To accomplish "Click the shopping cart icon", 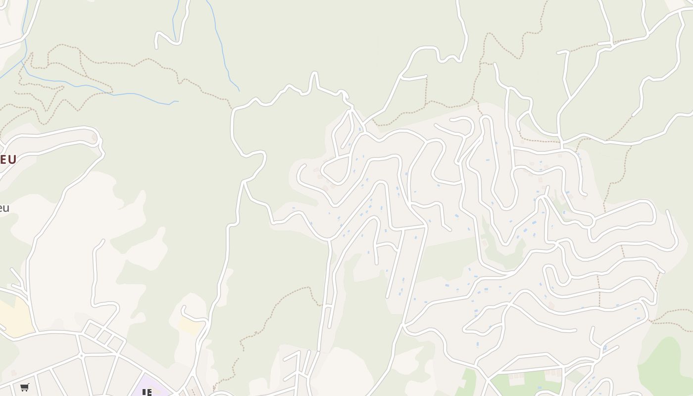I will click(25, 387).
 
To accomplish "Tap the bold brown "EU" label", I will click(8, 159).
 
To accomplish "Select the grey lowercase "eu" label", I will click(4, 208).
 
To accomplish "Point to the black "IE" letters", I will click(147, 393).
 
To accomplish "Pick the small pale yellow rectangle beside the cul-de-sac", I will click(190, 325).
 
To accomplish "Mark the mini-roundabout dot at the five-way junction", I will click(82, 355).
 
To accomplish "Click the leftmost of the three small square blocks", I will click(93, 329).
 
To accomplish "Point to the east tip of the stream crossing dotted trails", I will click(178, 101).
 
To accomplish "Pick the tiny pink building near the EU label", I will click(94, 138).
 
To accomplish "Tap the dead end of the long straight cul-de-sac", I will click(388, 297).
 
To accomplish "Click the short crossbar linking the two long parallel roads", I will click(327, 307).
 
